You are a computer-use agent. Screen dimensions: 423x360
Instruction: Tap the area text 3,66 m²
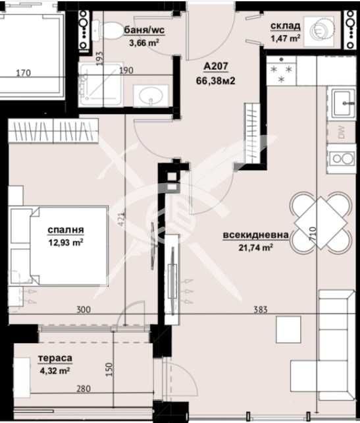click(144, 43)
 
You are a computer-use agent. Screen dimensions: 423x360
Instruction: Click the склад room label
click(285, 26)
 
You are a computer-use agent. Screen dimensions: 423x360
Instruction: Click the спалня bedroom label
click(64, 230)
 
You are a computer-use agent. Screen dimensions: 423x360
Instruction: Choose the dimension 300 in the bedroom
click(82, 310)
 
